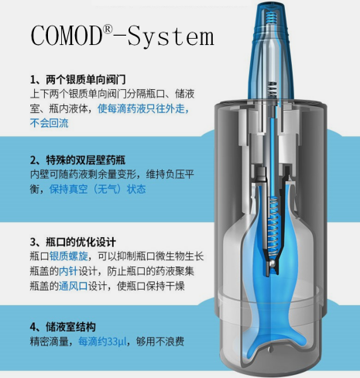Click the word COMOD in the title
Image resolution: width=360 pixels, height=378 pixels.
pyautogui.click(x=67, y=36)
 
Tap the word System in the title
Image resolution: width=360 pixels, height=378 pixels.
pyautogui.click(x=171, y=37)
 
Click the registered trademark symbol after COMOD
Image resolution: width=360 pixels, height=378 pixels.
pyautogui.click(x=108, y=29)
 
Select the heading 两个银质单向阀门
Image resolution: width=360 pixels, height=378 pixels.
pyautogui.click(x=86, y=80)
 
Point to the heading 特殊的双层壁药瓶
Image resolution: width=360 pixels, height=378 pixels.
pyautogui.click(x=86, y=160)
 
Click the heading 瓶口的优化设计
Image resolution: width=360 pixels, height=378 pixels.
pyautogui.click(x=81, y=242)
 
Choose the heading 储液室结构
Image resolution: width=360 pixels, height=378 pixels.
pyautogui.click(x=70, y=327)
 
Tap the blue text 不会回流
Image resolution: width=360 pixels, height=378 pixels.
pyautogui.click(x=50, y=123)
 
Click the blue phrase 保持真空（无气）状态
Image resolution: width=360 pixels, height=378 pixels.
pyautogui.click(x=98, y=189)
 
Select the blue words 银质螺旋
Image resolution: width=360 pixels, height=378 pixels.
pyautogui.click(x=69, y=256)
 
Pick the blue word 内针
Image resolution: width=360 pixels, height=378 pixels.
pyautogui.click(x=68, y=271)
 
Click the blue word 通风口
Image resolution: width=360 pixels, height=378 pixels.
pyautogui.click(x=74, y=286)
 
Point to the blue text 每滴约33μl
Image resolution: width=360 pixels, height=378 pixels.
pyautogui.click(x=102, y=342)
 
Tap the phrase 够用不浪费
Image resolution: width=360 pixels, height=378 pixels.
pyautogui.click(x=160, y=342)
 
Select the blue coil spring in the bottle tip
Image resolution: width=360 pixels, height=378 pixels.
pyautogui.click(x=271, y=18)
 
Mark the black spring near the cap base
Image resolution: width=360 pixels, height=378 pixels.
pyautogui.click(x=273, y=90)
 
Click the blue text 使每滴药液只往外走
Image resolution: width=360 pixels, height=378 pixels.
pyautogui.click(x=143, y=108)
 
